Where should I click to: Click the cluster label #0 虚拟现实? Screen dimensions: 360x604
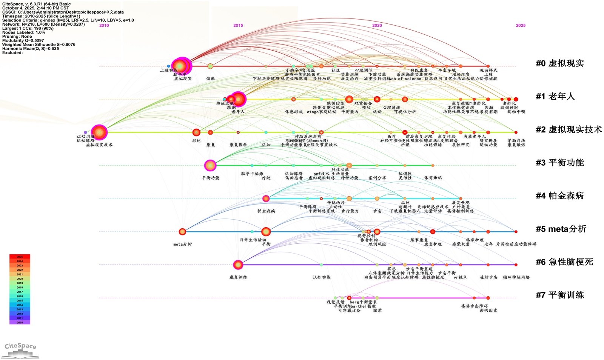(560, 63)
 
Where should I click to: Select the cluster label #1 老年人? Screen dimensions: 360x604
(555, 97)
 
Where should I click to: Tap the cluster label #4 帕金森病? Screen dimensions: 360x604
(560, 196)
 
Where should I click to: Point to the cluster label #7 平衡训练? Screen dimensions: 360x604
(560, 295)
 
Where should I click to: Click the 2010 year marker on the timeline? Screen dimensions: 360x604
(104, 26)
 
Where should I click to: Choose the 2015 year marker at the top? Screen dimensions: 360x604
(238, 26)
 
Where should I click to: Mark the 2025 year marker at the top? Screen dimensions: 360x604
(521, 26)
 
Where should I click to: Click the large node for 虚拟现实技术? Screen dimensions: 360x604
(99, 132)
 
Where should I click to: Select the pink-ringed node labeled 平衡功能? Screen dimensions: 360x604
(210, 165)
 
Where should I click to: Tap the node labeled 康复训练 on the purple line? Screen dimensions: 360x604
(238, 265)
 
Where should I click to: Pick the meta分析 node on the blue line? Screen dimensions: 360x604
(182, 232)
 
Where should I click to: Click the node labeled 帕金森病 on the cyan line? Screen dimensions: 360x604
(266, 198)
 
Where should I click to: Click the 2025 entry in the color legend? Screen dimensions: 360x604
(20, 257)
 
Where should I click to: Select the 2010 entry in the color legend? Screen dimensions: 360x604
(20, 323)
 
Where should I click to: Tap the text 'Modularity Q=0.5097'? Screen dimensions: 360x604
(23, 40)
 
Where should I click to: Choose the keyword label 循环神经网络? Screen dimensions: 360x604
(516, 277)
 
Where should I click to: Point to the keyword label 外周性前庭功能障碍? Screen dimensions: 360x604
(516, 244)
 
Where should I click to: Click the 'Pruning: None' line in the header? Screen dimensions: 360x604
(17, 37)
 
